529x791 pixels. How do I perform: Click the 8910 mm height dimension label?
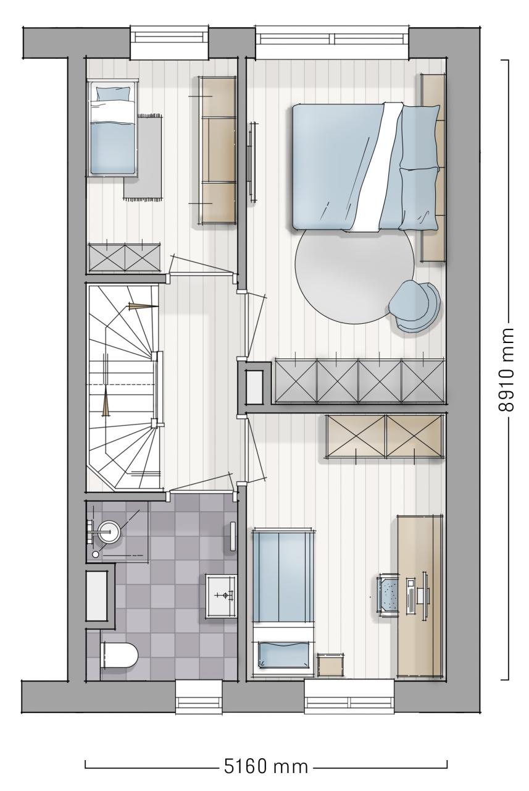pyautogui.click(x=506, y=370)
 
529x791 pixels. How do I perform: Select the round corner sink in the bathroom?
pyautogui.click(x=109, y=531)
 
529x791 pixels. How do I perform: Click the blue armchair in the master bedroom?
pyautogui.click(x=415, y=305)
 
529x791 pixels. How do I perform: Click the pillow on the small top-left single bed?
pyautogui.click(x=113, y=94)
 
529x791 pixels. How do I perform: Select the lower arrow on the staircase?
pyautogui.click(x=106, y=402)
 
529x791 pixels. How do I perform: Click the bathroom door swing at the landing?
pyautogui.click(x=201, y=483)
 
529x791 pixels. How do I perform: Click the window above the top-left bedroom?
pyautogui.click(x=170, y=41)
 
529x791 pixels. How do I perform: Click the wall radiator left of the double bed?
pyautogui.click(x=252, y=163)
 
